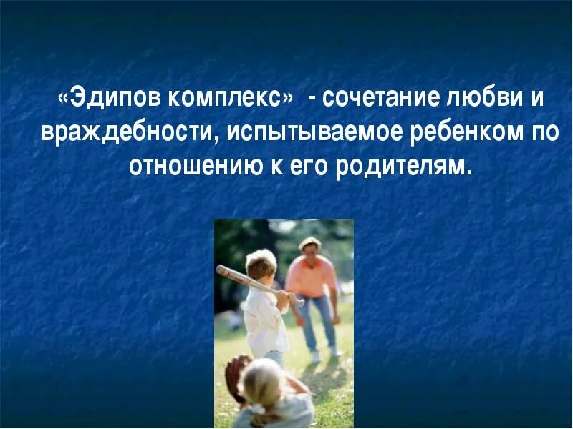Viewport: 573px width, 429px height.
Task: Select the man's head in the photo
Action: (x=310, y=249)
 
